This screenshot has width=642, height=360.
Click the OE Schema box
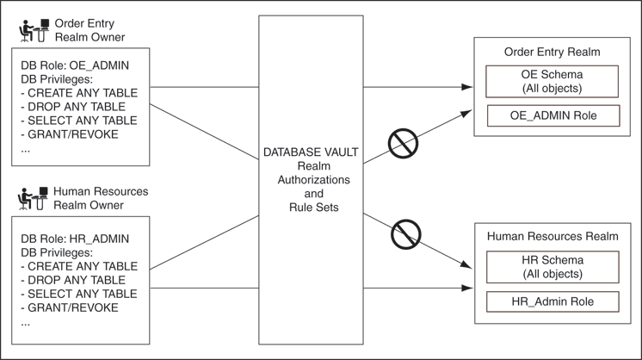(552, 81)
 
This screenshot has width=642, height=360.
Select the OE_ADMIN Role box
(552, 115)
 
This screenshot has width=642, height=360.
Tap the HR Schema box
(552, 267)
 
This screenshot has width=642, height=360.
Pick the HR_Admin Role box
(552, 301)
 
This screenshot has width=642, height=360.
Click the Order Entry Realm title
(552, 52)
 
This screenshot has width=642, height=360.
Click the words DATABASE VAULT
(311, 152)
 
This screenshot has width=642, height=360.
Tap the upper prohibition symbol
(403, 144)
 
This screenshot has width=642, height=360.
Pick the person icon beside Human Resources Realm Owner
(33, 199)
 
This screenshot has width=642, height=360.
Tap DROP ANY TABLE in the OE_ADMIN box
(71, 107)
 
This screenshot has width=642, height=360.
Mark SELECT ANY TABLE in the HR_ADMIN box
(76, 294)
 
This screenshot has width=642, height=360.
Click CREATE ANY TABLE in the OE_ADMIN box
(77, 93)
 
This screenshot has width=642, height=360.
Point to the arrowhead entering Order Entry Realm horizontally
(467, 87)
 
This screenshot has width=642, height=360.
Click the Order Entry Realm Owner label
(89, 30)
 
